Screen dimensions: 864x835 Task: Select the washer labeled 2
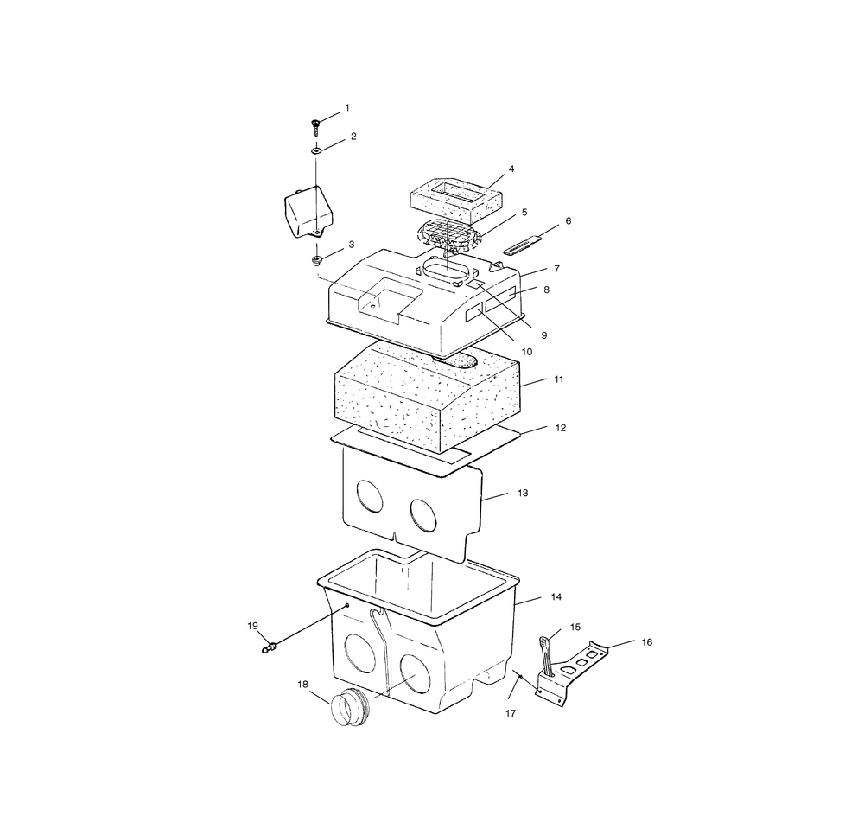click(x=317, y=150)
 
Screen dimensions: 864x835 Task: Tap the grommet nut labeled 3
click(x=317, y=260)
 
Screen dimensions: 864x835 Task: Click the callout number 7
click(x=557, y=269)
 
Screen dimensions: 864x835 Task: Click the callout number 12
click(x=561, y=428)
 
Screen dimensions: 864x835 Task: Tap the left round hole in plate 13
click(x=370, y=495)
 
